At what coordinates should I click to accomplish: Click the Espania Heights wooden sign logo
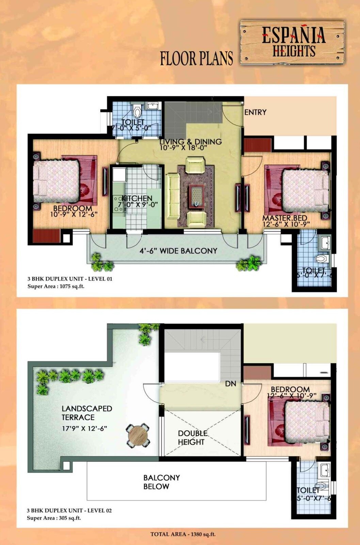pos(292,43)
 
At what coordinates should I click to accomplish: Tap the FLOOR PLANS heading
pos(197,58)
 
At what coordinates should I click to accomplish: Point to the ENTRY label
pos(255,112)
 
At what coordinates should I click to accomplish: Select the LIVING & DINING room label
pos(191,142)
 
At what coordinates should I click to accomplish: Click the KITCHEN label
pos(137,198)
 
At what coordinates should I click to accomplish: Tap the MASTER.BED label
pos(285,218)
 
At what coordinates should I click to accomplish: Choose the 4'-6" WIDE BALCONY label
pos(178,251)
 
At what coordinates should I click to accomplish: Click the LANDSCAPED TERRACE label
pos(87,413)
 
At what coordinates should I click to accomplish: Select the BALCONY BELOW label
pos(161,482)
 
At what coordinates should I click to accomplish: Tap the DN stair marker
pos(231,384)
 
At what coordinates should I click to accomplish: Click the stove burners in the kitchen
pos(118,204)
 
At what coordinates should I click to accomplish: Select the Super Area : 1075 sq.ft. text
pos(56,286)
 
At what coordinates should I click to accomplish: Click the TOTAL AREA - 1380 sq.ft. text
pos(183,534)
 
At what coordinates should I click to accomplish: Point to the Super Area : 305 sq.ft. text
pos(54,518)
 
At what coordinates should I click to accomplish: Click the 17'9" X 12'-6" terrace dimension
pos(84,428)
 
